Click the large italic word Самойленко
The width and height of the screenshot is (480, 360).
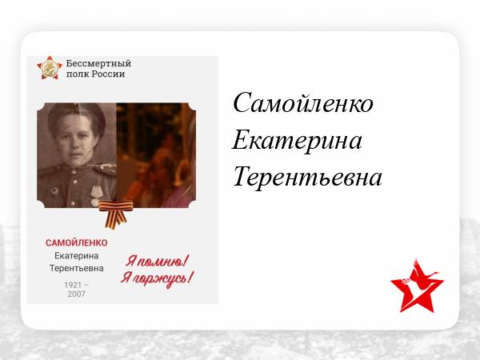coord(303,103)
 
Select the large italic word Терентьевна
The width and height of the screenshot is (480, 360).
coord(307,176)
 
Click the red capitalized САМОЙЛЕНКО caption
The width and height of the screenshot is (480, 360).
coord(77,242)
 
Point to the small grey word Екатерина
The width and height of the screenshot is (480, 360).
coord(77,256)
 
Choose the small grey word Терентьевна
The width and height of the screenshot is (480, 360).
coord(77,268)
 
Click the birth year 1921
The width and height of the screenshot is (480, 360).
coord(73,285)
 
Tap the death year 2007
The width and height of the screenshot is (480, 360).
coord(76,294)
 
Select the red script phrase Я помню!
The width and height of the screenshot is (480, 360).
coord(158,262)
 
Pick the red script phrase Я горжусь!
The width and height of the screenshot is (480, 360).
coord(157,278)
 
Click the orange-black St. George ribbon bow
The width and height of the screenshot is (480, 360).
coord(116,214)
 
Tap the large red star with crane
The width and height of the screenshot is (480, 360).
coord(417,286)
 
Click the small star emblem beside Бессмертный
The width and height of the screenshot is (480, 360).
coord(50,68)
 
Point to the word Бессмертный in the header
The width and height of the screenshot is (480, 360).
coord(98,63)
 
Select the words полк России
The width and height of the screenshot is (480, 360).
coord(95,74)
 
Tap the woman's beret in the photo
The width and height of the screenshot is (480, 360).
coord(77,114)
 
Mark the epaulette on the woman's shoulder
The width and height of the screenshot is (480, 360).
coord(105,169)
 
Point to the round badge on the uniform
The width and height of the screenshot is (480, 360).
coord(54,191)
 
